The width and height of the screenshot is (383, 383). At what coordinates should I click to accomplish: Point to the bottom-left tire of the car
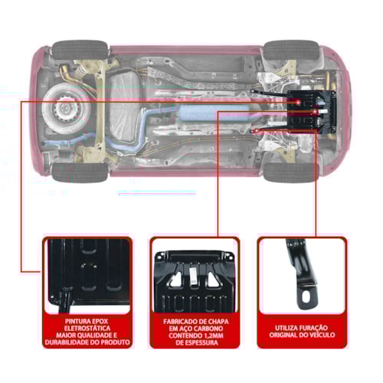[80, 172]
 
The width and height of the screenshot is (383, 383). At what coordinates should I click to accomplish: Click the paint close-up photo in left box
[86, 276]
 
